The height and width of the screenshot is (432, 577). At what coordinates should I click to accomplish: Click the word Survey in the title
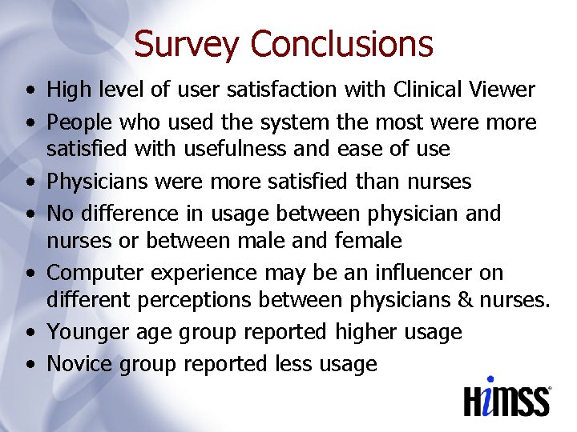click(187, 44)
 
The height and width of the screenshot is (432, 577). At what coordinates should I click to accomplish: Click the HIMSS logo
click(507, 397)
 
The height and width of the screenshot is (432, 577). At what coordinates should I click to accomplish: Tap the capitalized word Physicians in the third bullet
click(99, 182)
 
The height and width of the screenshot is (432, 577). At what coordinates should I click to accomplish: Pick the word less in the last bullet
click(293, 364)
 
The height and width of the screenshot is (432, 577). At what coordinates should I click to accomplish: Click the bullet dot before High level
click(29, 90)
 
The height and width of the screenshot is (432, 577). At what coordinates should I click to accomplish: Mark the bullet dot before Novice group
click(29, 365)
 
